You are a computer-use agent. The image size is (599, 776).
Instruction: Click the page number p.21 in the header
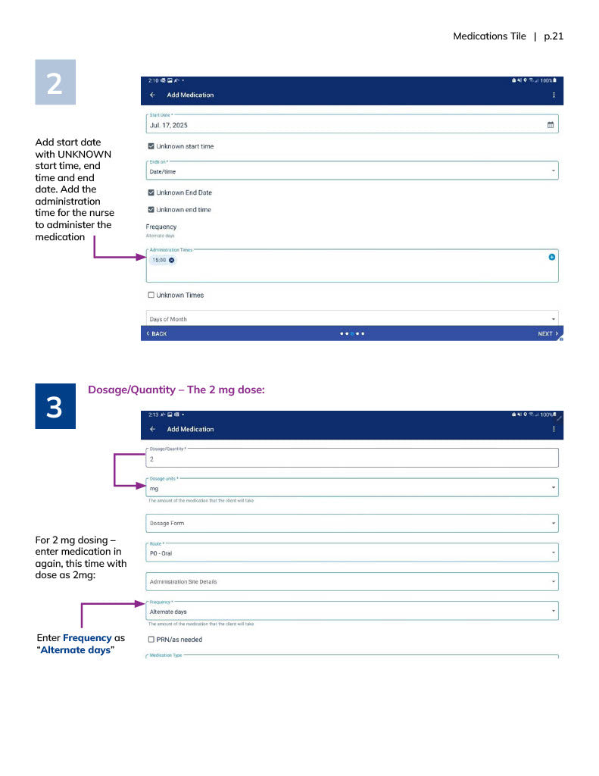click(x=554, y=36)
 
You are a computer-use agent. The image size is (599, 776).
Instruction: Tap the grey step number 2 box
click(x=55, y=83)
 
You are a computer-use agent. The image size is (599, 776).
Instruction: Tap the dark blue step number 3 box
click(x=55, y=408)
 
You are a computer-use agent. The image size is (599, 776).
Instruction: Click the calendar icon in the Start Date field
click(x=551, y=125)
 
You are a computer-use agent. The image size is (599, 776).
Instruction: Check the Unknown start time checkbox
click(x=151, y=146)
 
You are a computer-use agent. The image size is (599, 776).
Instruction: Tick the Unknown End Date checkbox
click(x=151, y=192)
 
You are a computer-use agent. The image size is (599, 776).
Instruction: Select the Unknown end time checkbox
click(x=151, y=210)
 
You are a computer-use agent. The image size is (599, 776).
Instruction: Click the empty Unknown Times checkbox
click(x=151, y=295)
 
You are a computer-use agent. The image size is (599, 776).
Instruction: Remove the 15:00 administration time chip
click(x=172, y=260)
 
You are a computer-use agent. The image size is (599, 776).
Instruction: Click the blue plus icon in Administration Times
click(x=551, y=258)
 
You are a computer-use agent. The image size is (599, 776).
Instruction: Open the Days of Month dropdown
click(x=351, y=319)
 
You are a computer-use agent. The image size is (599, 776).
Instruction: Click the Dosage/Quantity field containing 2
click(x=351, y=458)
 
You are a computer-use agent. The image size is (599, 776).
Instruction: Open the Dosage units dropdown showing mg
click(x=351, y=489)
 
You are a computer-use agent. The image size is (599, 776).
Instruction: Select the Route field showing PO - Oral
click(x=351, y=553)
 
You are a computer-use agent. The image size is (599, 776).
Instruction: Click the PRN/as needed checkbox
click(x=151, y=640)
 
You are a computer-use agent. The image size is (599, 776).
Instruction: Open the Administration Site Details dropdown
click(x=351, y=582)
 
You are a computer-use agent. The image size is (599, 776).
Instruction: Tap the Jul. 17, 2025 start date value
click(x=169, y=125)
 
